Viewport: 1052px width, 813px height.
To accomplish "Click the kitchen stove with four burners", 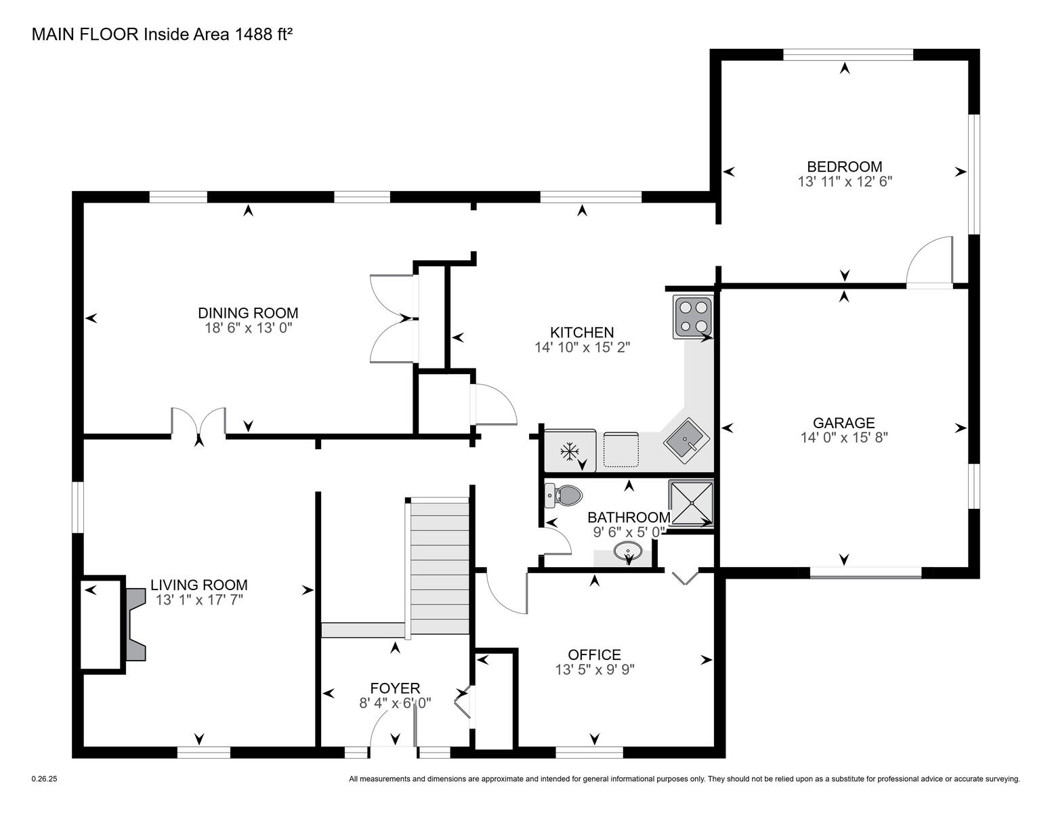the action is tap(692, 316).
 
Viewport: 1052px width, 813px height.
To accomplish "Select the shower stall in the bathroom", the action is tap(691, 503).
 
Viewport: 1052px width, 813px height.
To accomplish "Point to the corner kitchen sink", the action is tap(686, 440).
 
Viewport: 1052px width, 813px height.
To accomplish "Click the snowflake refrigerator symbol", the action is tap(569, 453).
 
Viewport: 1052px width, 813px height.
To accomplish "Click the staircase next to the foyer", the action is tap(439, 568).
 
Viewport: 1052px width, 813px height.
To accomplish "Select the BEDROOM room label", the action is tap(844, 167).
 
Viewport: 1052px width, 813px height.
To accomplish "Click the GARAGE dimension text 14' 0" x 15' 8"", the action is tap(844, 438).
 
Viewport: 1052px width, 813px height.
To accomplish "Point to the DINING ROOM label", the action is tap(248, 313).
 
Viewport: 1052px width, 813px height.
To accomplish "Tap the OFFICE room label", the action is tap(594, 654).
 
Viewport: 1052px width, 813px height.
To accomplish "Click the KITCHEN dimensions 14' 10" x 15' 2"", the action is tap(582, 347).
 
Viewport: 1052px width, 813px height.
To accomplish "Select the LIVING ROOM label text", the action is tap(199, 585).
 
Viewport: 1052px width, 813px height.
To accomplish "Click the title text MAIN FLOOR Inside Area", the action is tap(130, 35).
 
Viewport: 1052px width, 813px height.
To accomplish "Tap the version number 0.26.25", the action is tap(45, 779).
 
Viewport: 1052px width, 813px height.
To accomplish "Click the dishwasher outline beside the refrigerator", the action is tap(620, 449).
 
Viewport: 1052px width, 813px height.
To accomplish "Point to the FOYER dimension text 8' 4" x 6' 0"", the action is tap(395, 703).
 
